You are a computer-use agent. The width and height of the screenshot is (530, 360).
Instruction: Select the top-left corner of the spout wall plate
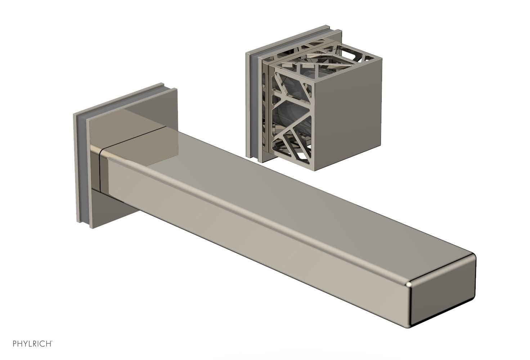(x=74, y=115)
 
